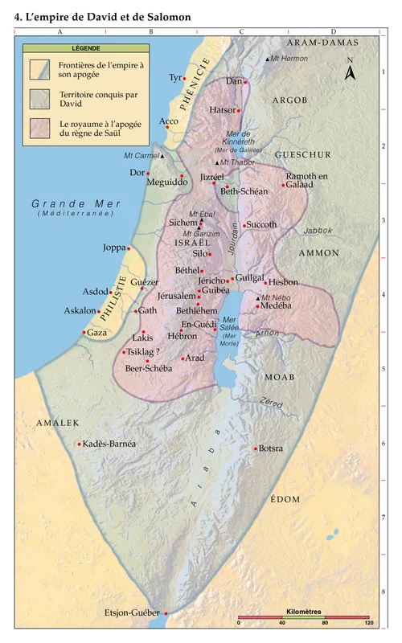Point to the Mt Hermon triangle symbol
(x=267, y=60)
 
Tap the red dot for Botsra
(x=256, y=448)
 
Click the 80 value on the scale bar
(x=326, y=623)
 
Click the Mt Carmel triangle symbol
(x=163, y=156)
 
